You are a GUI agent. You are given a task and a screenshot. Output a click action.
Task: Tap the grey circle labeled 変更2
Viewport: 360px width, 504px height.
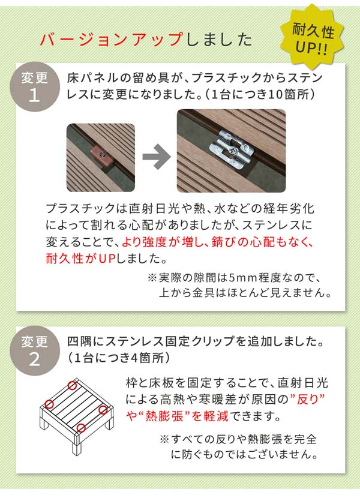click(x=34, y=350)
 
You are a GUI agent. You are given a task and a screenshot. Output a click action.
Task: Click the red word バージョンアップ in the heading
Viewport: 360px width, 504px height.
click(x=111, y=40)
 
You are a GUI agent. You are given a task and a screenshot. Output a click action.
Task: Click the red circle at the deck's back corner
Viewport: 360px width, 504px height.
click(x=73, y=386)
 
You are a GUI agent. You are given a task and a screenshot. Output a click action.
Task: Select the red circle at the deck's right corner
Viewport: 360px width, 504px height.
click(x=103, y=410)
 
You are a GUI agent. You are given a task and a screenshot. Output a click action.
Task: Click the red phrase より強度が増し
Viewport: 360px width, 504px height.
click(x=163, y=243)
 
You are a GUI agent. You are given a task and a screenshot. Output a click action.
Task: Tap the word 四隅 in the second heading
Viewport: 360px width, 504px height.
click(x=77, y=342)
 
